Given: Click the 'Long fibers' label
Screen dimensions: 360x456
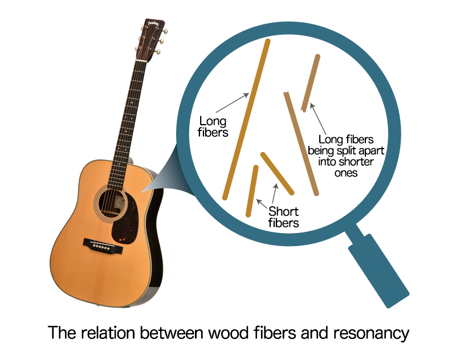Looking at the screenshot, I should [213, 127].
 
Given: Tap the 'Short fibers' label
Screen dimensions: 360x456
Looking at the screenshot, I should [283, 218].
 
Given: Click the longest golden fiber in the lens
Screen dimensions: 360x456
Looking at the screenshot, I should [246, 120].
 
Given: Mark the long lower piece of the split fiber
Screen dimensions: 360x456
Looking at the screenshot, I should [302, 142].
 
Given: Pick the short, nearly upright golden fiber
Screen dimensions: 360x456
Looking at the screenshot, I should [252, 191].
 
